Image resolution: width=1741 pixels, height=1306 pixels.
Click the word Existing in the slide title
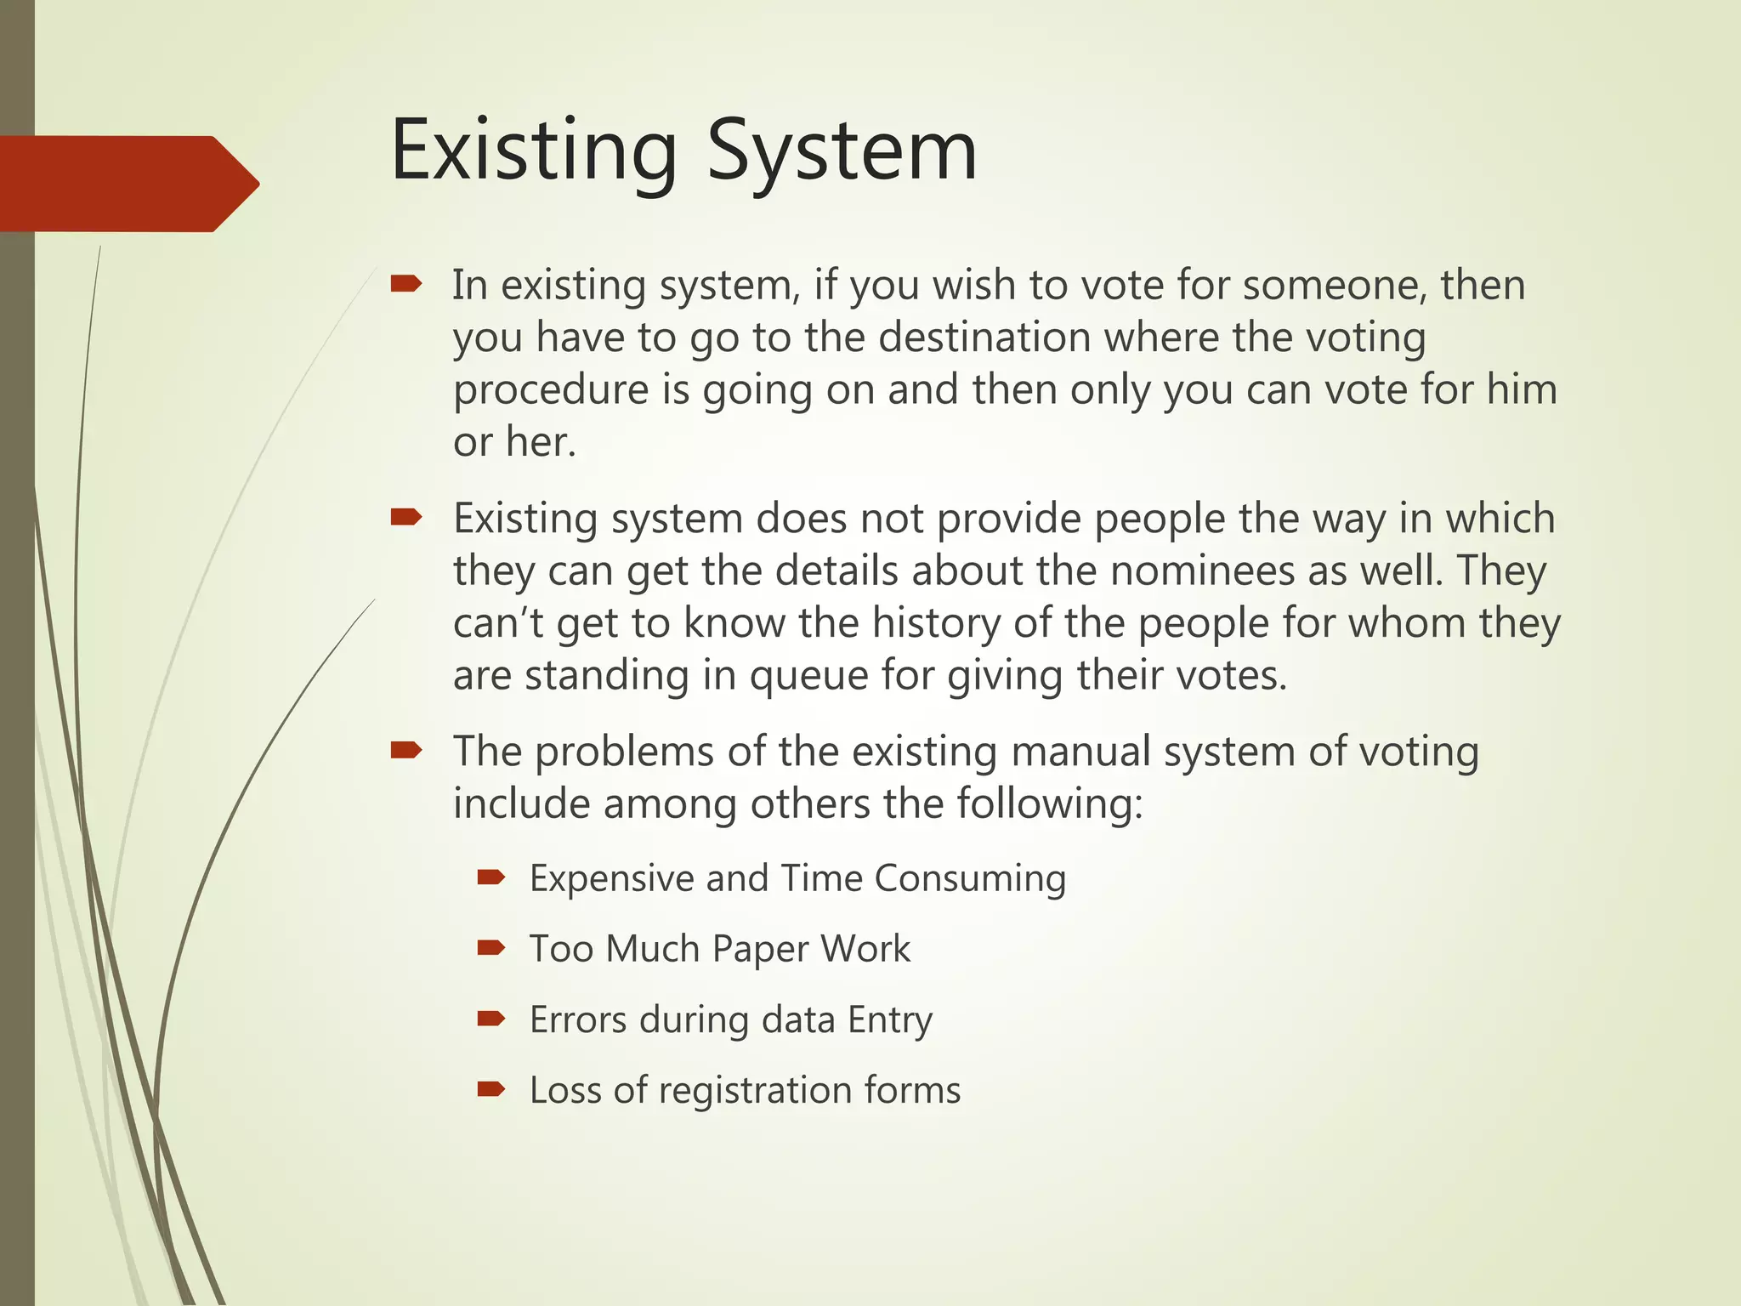click(x=533, y=151)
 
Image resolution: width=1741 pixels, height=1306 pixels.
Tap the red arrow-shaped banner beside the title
click(x=128, y=184)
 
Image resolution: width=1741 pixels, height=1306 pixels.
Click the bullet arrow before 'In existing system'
click(x=406, y=284)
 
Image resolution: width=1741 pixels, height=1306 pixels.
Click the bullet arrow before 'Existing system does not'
click(x=406, y=517)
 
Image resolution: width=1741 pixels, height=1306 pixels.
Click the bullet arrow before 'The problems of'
click(x=406, y=750)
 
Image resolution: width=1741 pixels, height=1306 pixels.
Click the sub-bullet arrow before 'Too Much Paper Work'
click(x=491, y=948)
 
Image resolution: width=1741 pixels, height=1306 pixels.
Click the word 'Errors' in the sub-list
click(x=578, y=1019)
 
